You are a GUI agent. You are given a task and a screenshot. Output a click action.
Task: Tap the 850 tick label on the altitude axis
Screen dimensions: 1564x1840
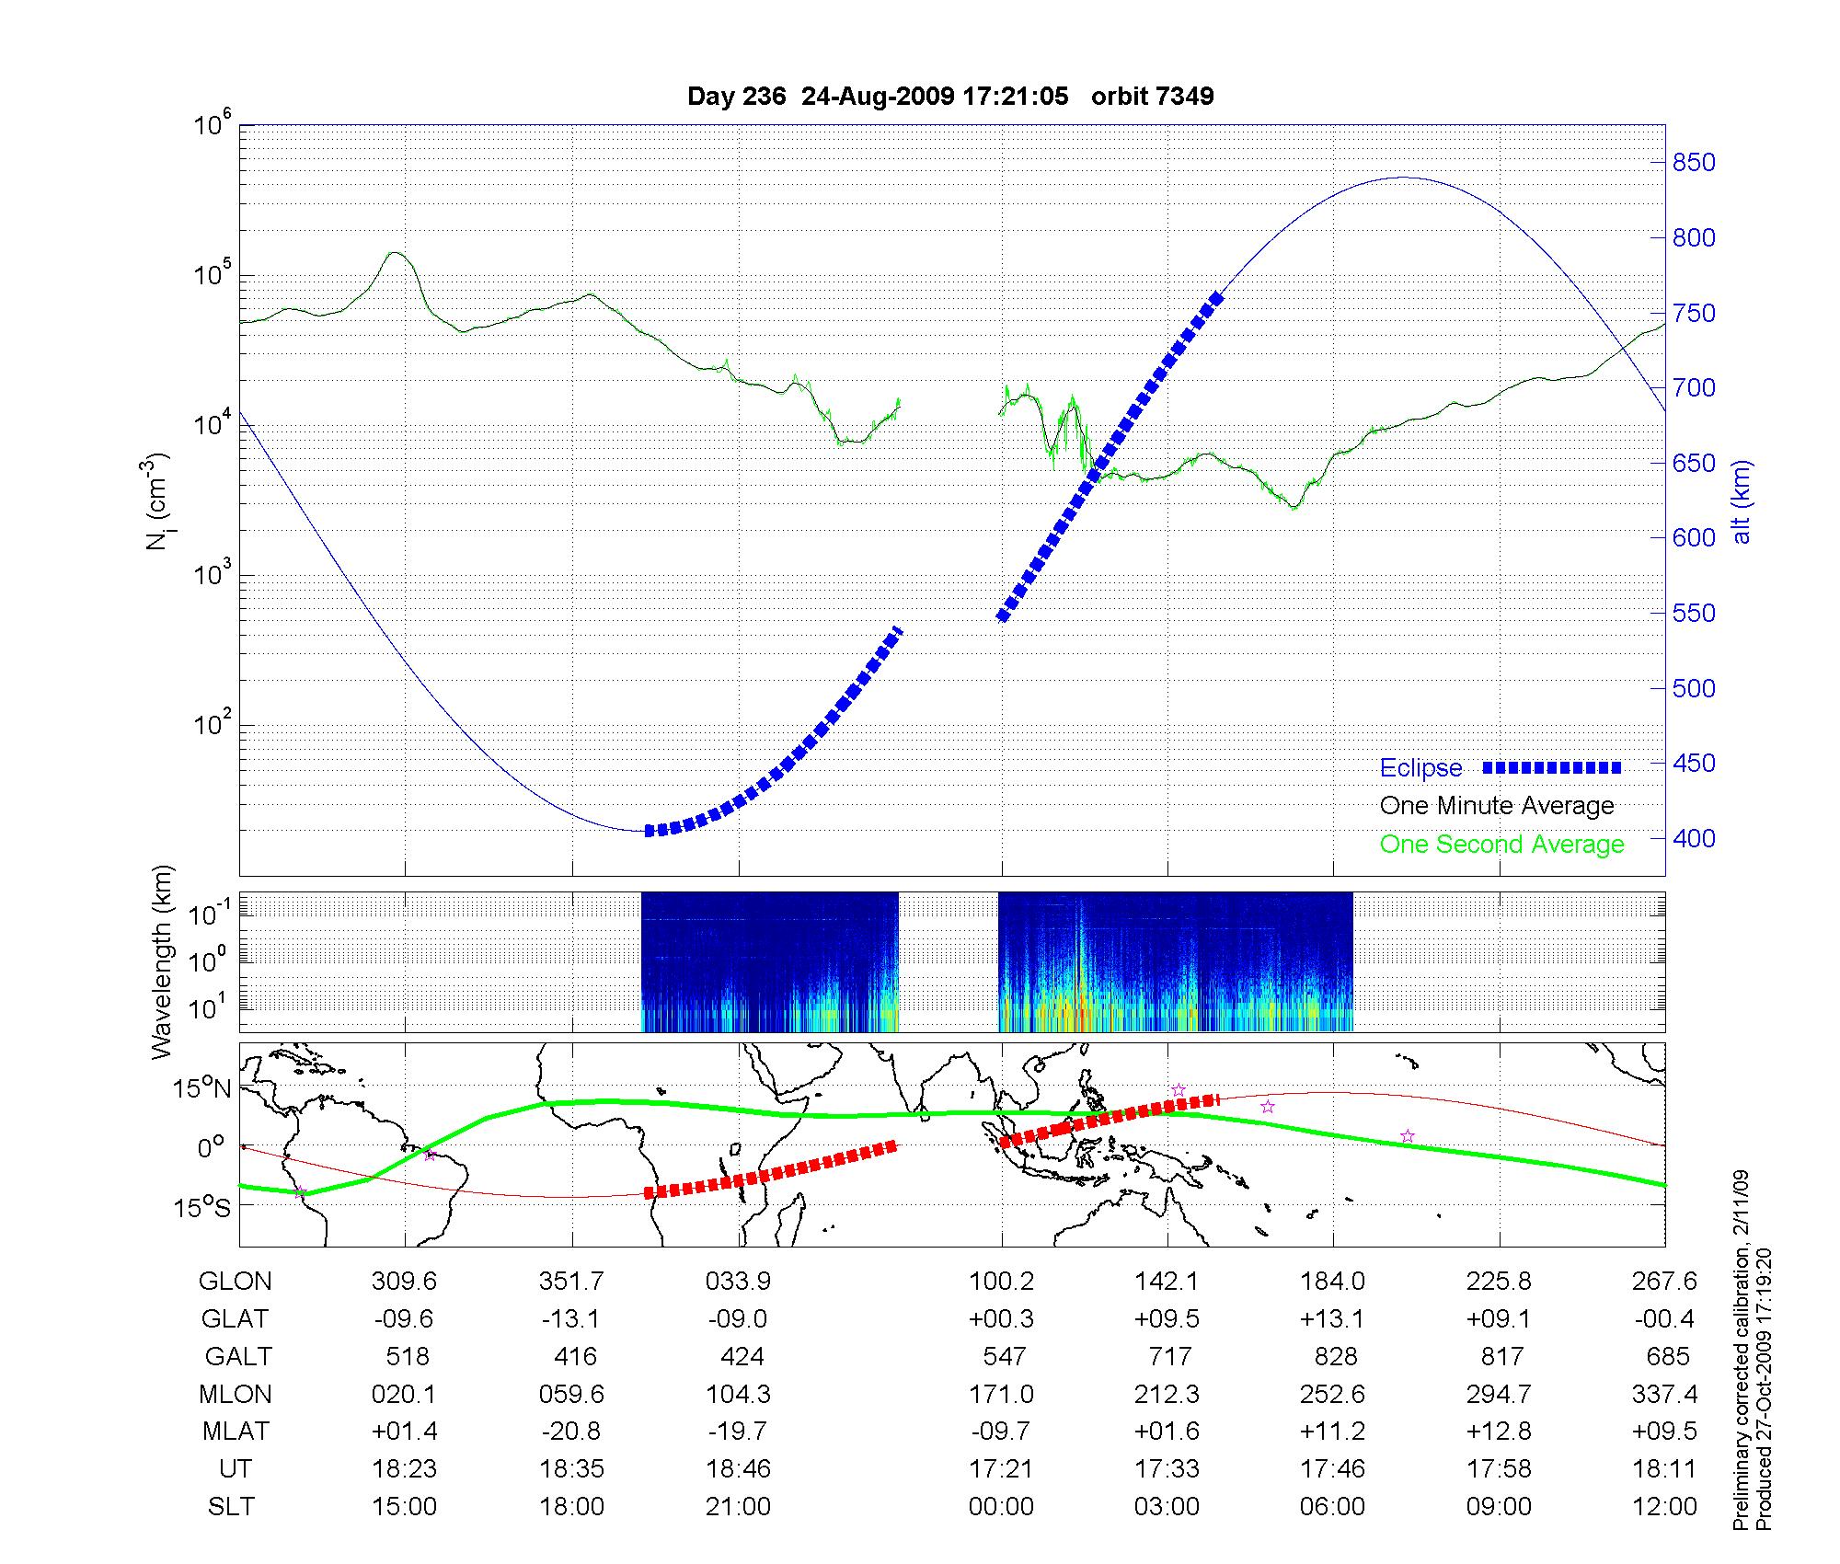click(1694, 163)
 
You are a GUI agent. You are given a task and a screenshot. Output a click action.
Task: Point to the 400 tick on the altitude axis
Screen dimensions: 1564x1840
click(1694, 838)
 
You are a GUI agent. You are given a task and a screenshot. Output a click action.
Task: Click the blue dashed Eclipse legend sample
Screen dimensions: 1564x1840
click(1551, 767)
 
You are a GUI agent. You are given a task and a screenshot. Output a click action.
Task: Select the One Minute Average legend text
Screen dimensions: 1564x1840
click(1497, 806)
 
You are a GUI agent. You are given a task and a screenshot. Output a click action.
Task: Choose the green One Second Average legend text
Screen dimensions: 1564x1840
click(1501, 845)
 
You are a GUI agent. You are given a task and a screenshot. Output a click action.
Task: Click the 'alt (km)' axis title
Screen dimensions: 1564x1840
click(1742, 502)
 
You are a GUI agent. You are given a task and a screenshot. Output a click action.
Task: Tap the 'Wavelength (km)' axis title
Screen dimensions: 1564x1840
click(162, 962)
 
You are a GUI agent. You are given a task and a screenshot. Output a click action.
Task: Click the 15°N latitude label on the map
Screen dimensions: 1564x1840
click(203, 1089)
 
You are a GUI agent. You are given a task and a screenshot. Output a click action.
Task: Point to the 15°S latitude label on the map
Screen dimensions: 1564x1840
click(203, 1207)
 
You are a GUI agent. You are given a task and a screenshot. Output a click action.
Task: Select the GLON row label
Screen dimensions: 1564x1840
click(235, 1282)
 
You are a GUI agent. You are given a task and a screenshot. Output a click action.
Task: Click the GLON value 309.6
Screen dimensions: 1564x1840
click(404, 1282)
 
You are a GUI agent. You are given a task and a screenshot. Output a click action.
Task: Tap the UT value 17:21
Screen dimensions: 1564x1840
click(1001, 1469)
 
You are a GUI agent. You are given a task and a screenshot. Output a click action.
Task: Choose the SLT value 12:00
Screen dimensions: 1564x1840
click(1665, 1507)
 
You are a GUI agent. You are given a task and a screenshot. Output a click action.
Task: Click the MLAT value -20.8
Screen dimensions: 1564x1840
click(571, 1432)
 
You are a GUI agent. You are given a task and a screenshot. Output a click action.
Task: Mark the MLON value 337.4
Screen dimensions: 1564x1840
click(1665, 1395)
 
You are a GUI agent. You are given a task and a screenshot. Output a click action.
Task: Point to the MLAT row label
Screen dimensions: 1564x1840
click(236, 1432)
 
